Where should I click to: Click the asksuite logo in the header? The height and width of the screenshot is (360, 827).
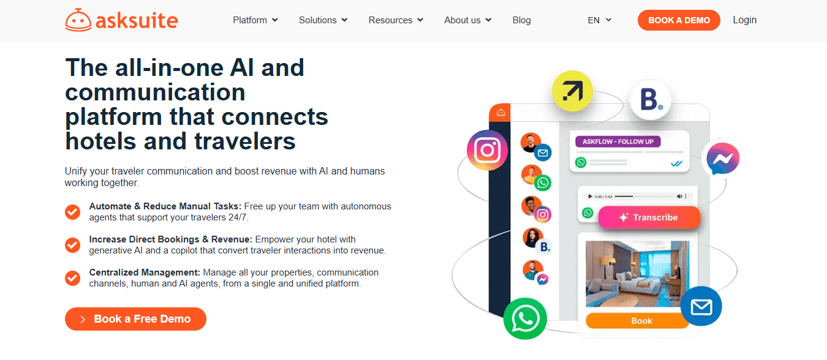coord(121,20)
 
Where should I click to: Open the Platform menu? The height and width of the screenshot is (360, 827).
coord(255,20)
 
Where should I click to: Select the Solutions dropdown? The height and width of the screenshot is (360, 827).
coord(323,20)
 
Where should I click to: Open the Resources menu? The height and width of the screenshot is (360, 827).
coord(396,20)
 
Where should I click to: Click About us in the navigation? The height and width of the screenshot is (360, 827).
coord(468,20)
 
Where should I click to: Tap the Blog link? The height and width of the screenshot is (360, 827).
coord(522,20)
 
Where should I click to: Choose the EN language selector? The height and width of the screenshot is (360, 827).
coord(600,20)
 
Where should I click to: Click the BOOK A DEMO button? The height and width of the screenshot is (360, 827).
coord(679,20)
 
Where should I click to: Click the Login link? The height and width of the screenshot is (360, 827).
coord(745,20)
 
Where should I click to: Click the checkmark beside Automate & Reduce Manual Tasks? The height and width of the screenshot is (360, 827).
coord(73,212)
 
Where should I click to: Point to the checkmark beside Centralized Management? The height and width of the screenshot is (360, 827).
coord(73,278)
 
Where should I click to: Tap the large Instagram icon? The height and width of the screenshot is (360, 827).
coord(488,150)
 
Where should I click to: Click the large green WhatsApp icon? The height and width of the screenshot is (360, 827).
coord(525,319)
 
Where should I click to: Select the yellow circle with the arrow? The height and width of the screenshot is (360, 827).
coord(572,91)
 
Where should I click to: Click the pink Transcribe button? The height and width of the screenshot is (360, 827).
coord(649,217)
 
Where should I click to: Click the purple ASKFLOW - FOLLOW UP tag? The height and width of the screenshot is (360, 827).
coord(618,141)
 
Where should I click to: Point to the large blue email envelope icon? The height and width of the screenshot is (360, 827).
coord(701,306)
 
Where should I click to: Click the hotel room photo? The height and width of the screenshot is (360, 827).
coord(637,274)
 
